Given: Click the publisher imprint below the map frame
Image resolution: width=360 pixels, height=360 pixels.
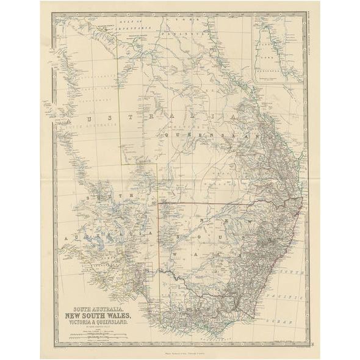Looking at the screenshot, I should (180, 349).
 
